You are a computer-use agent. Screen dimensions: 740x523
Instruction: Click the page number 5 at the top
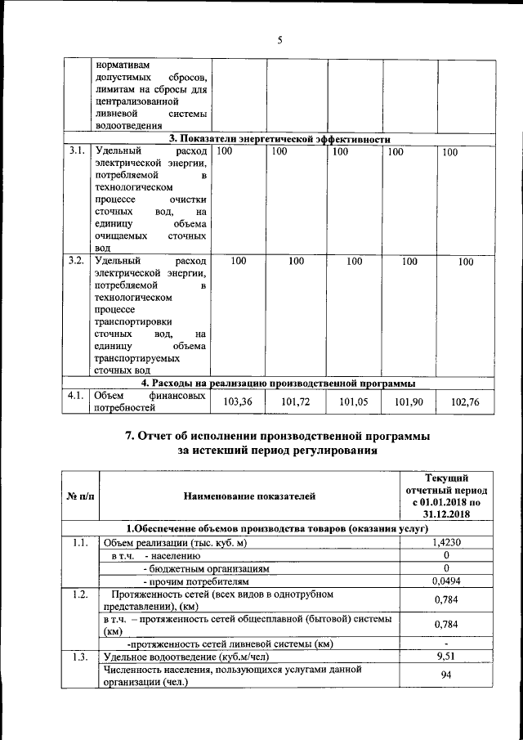[279, 40]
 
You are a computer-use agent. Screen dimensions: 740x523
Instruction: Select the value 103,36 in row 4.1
[238, 401]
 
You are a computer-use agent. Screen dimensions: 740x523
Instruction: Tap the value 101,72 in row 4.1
[296, 401]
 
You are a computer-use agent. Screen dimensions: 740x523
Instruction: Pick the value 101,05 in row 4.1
[354, 401]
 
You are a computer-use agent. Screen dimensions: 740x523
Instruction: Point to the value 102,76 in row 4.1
[465, 401]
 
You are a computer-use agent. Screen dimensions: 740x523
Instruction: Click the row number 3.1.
[77, 151]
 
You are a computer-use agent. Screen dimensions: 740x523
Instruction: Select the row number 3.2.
[77, 261]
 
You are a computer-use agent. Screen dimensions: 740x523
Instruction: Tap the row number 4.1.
[77, 396]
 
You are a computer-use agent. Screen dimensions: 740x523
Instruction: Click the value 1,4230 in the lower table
[446, 542]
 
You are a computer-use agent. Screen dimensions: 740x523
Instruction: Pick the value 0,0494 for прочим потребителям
[446, 581]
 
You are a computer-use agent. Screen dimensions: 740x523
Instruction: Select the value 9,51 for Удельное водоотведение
[446, 657]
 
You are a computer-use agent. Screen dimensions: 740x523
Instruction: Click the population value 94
[446, 675]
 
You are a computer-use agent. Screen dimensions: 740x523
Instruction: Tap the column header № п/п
[81, 496]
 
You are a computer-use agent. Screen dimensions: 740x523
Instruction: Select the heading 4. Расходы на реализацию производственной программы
[278, 382]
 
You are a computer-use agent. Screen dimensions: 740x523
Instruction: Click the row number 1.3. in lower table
[79, 657]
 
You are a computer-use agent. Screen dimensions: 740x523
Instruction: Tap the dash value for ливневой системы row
[446, 644]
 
